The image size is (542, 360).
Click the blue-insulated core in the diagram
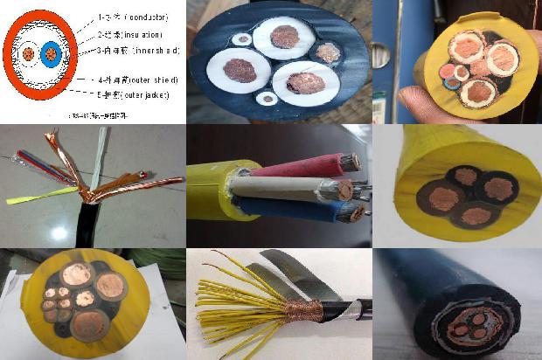52,54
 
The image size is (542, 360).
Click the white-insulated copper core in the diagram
29,54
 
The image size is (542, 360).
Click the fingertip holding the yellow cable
401,107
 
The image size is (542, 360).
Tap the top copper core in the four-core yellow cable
465,176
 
